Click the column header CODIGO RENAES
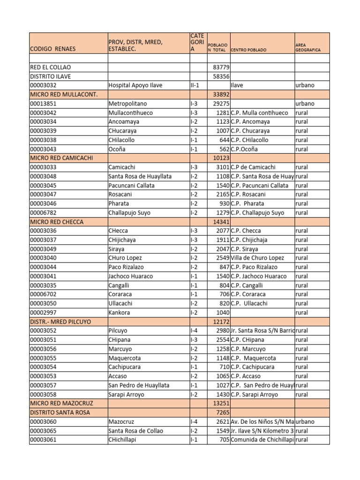[x=52, y=49]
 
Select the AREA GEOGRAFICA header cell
[x=308, y=47]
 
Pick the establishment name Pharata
[x=119, y=203]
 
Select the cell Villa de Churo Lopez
[x=257, y=258]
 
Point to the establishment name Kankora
[x=119, y=313]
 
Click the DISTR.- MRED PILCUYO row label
[x=60, y=322]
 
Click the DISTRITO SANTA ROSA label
[x=60, y=412]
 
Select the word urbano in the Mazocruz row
[x=305, y=421]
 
